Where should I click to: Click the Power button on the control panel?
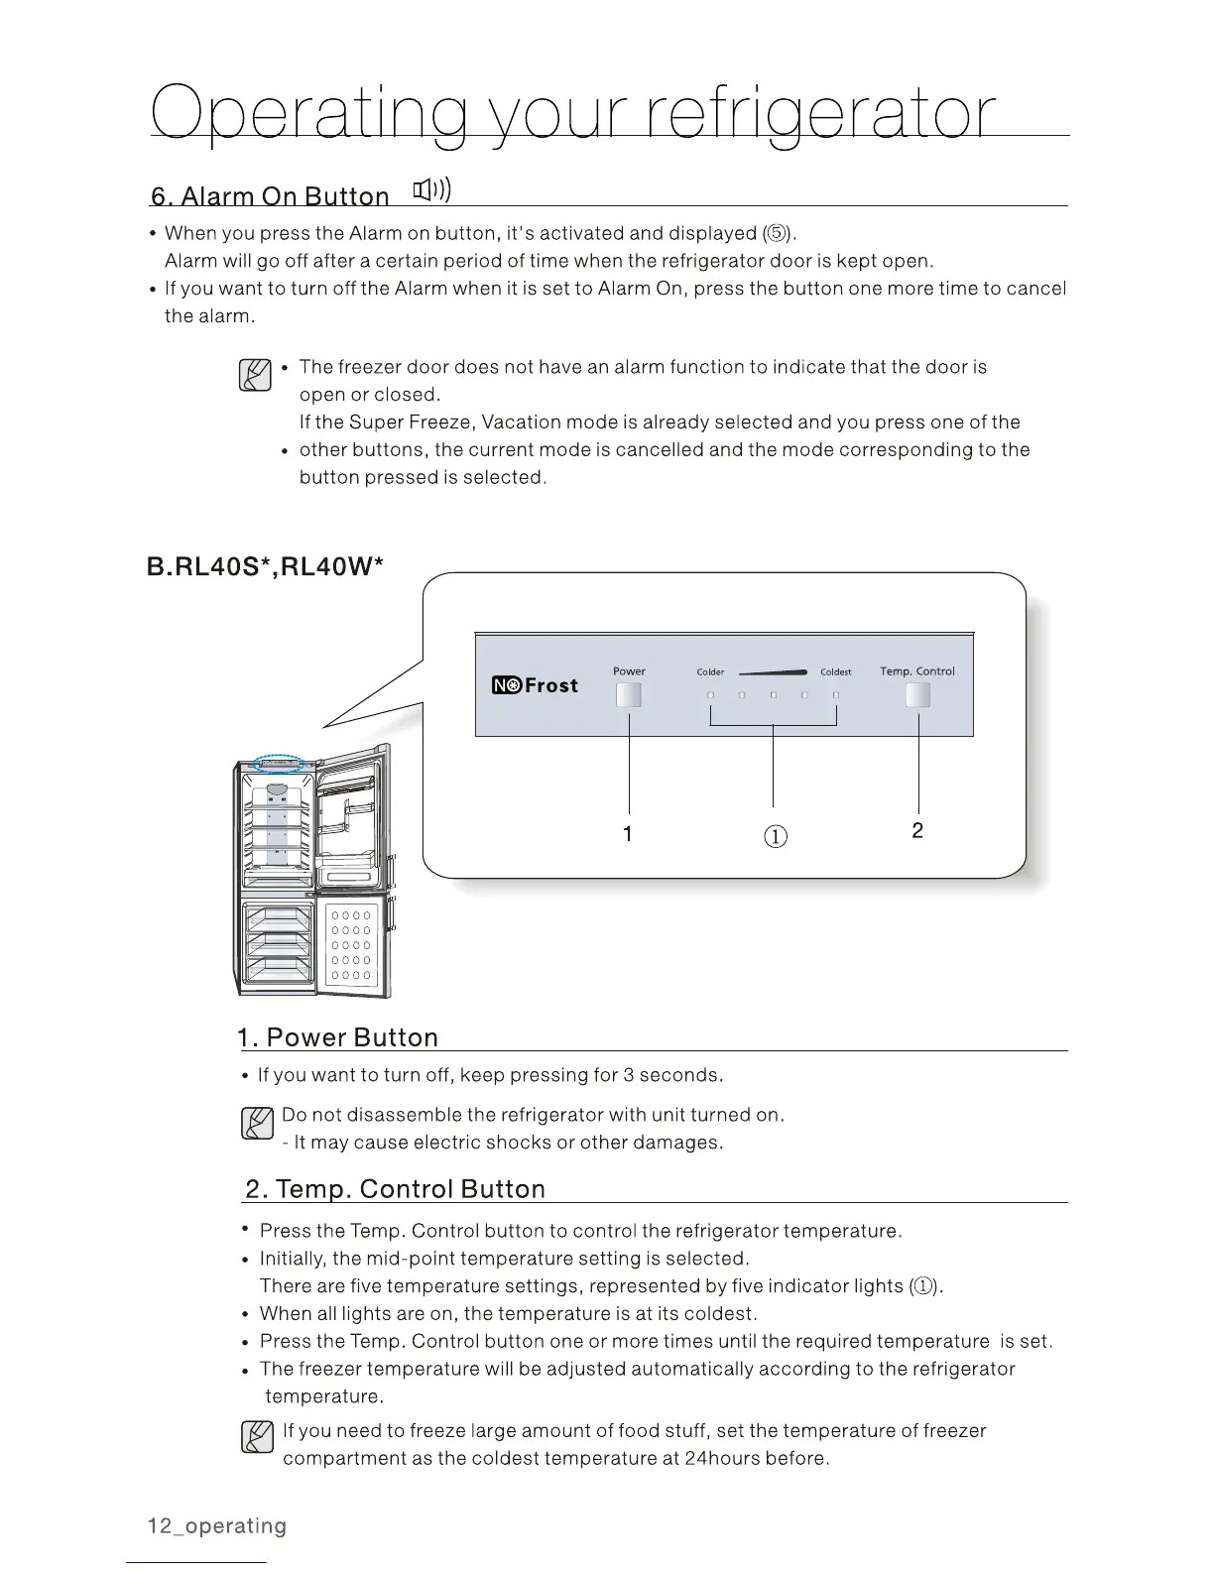(629, 695)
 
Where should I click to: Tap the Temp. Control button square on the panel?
(917, 695)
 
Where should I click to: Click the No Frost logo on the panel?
(535, 685)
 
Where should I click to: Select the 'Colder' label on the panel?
(710, 672)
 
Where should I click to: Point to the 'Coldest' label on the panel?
(835, 672)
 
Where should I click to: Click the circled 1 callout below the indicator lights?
(776, 836)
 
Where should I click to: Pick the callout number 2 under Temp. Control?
(917, 830)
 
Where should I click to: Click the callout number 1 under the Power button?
(628, 834)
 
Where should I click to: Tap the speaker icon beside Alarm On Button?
(432, 189)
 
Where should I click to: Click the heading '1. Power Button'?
(338, 1037)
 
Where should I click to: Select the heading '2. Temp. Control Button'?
(395, 1189)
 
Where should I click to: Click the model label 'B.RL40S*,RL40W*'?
(265, 566)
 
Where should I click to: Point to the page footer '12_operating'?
(216, 1526)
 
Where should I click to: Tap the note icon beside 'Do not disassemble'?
(257, 1124)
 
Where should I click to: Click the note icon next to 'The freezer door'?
(256, 374)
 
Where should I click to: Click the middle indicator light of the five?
(773, 695)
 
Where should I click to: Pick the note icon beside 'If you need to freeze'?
(257, 1436)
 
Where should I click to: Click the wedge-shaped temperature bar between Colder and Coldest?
(780, 671)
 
